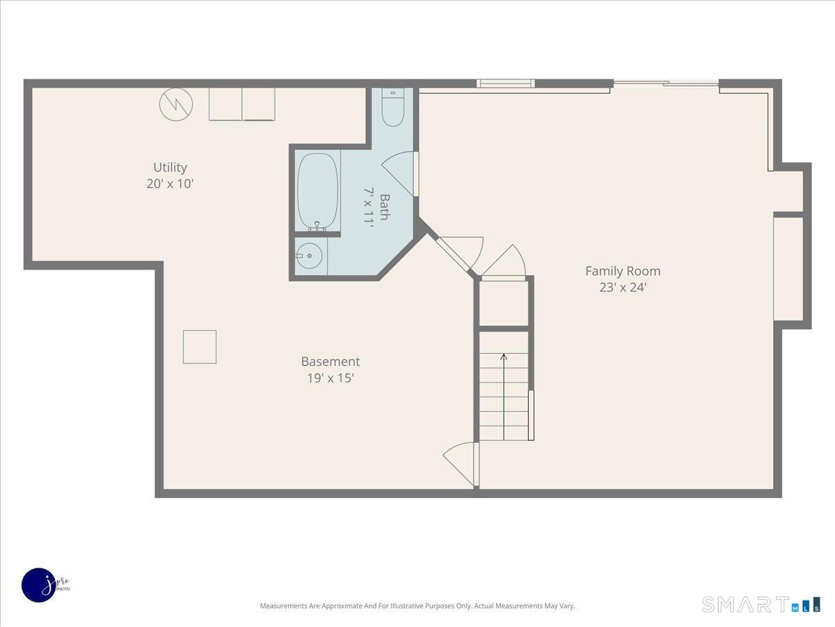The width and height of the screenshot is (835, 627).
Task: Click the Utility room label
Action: click(170, 167)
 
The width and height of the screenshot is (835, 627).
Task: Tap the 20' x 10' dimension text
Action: click(170, 184)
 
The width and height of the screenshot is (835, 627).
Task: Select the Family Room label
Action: click(622, 271)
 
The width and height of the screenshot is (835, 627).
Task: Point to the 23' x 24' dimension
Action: click(622, 287)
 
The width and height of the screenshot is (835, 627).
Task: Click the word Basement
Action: click(330, 362)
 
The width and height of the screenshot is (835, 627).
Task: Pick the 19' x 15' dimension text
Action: click(330, 378)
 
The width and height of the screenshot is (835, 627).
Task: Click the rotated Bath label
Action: click(384, 207)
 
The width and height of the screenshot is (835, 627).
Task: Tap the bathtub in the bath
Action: click(318, 190)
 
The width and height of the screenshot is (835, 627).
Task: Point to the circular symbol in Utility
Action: click(175, 104)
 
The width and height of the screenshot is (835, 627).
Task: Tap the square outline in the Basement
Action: click(200, 347)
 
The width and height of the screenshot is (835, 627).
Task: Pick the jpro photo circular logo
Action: click(39, 585)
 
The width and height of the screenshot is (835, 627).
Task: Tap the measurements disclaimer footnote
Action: click(417, 606)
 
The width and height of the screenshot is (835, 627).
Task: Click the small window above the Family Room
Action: click(505, 84)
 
